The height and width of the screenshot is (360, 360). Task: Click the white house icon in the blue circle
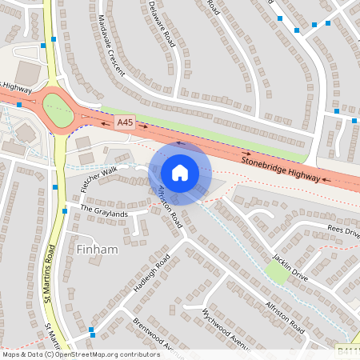180,173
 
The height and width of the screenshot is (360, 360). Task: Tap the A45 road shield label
125,122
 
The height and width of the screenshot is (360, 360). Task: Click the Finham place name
98,250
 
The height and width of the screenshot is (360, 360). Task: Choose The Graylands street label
104,213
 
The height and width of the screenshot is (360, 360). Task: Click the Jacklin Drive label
289,261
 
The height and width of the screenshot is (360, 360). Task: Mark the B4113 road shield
347,350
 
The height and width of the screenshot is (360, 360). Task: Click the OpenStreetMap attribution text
80,354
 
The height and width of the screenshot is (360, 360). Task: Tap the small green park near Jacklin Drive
275,273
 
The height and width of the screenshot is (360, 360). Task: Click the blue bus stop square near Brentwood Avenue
92,330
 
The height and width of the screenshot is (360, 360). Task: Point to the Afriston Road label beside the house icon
170,207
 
